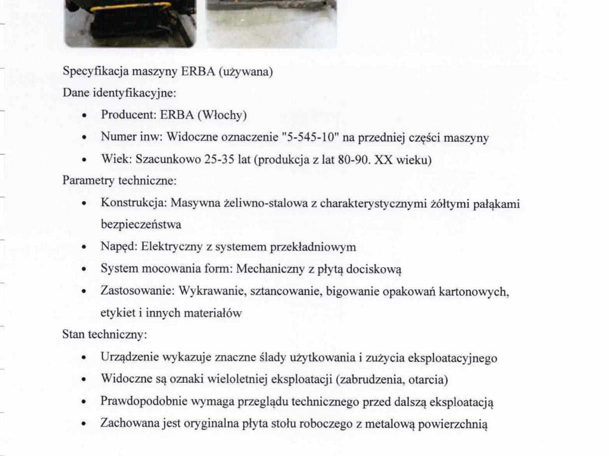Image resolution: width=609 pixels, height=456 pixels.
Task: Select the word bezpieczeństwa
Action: point(141,225)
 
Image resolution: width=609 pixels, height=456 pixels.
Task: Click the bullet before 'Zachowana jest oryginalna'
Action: point(87,425)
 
